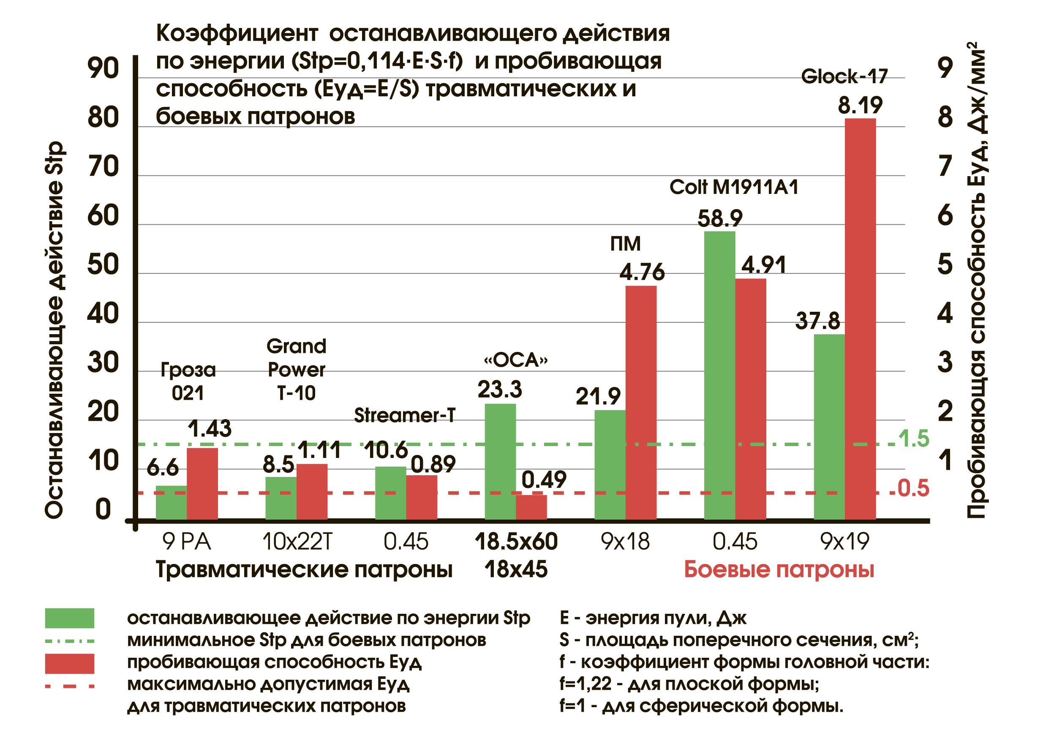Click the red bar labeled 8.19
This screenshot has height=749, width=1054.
[860, 318]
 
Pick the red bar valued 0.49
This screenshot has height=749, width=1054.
[531, 507]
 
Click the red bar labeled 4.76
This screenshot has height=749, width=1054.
[641, 402]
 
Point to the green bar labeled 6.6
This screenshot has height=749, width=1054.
[171, 502]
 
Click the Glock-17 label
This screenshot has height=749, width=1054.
[844, 76]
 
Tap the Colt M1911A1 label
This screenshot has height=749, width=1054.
[733, 187]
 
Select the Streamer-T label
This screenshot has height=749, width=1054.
[404, 416]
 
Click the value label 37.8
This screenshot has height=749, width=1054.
[817, 321]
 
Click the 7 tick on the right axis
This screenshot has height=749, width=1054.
[945, 166]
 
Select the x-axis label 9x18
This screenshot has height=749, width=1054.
[625, 542]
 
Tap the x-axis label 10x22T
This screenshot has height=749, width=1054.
[297, 542]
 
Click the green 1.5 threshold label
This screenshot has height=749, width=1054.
[914, 439]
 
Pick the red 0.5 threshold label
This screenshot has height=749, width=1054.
[913, 488]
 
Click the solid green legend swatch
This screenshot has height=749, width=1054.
[70, 618]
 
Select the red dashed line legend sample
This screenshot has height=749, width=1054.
[70, 686]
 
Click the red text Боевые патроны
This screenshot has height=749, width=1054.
[779, 569]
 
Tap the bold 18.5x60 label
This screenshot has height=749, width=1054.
[516, 542]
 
